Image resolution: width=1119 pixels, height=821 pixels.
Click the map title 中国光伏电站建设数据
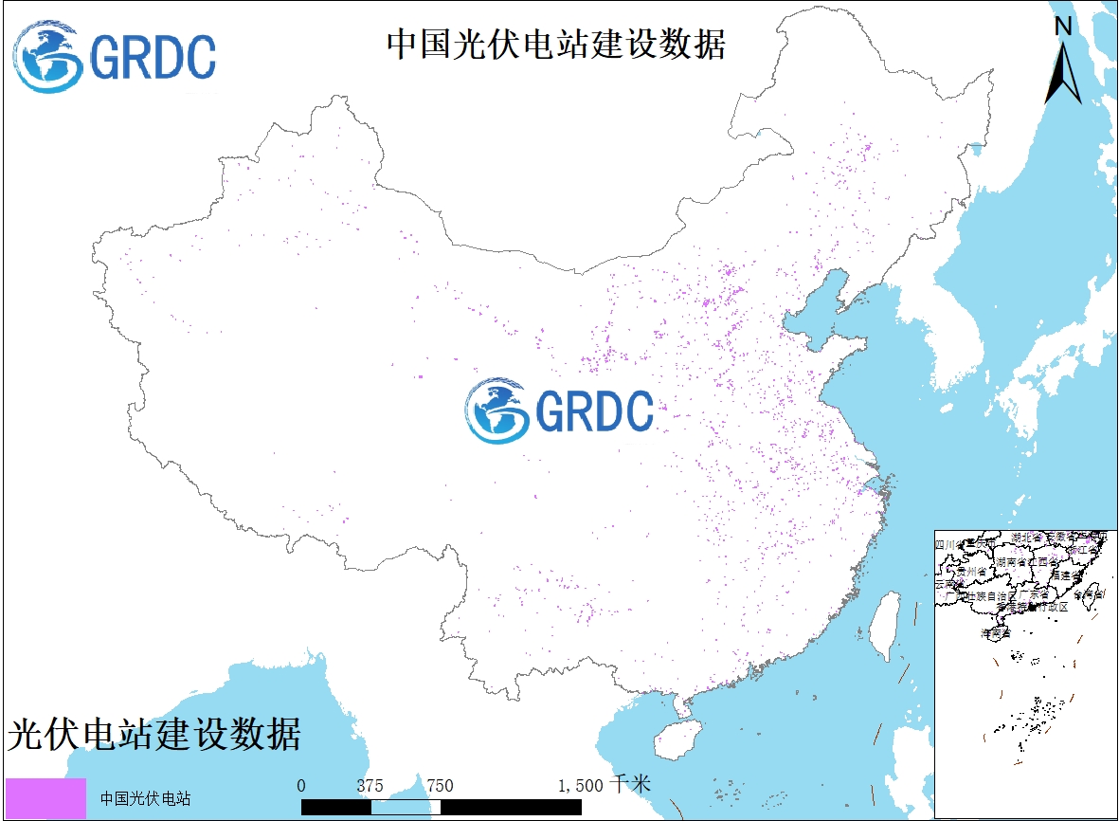pyautogui.click(x=555, y=44)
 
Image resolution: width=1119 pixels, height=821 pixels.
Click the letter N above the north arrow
pyautogui.click(x=1063, y=27)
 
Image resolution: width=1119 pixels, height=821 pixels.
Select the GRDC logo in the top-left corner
pyautogui.click(x=115, y=57)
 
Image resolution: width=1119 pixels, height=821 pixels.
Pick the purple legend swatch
pyautogui.click(x=45, y=797)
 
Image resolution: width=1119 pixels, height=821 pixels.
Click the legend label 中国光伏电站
pyautogui.click(x=145, y=798)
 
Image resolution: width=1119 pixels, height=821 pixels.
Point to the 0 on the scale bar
pyautogui.click(x=301, y=786)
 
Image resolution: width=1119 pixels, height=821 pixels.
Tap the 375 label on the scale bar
pyautogui.click(x=370, y=786)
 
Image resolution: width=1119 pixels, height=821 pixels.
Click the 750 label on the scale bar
pyautogui.click(x=440, y=786)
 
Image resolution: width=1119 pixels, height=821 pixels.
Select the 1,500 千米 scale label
pyautogui.click(x=605, y=785)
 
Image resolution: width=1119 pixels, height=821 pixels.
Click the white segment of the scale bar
pyautogui.click(x=406, y=807)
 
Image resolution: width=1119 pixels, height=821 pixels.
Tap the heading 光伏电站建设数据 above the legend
pyautogui.click(x=154, y=735)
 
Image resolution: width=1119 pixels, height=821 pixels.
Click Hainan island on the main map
pyautogui.click(x=677, y=738)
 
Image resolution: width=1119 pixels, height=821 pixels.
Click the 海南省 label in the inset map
pyautogui.click(x=995, y=631)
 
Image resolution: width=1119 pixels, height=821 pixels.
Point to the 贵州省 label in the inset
pyautogui.click(x=971, y=572)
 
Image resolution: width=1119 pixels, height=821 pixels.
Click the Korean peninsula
pyautogui.click(x=957, y=322)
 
